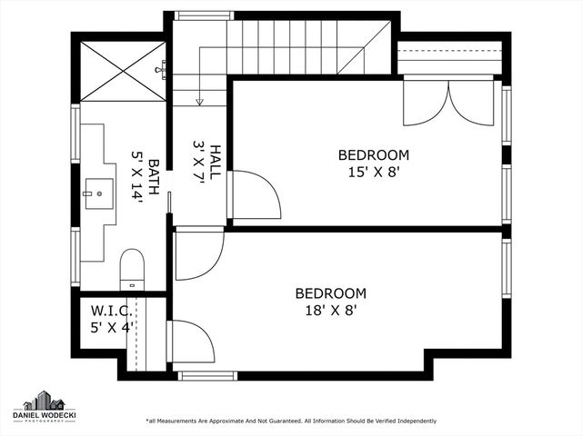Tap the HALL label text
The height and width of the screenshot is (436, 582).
216,162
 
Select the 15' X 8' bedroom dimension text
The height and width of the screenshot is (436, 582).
373,171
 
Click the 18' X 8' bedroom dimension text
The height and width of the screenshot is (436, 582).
330,310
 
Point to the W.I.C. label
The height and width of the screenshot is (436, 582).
112,310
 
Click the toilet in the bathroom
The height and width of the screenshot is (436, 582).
132,268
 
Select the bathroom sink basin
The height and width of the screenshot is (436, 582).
98,193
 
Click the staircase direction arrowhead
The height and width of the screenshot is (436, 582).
199,103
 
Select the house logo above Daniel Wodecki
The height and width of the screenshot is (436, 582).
43,401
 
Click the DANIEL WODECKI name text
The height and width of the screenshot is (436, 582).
43,416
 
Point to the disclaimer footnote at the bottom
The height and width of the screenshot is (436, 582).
291,421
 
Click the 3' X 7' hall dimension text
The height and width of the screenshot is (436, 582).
199,162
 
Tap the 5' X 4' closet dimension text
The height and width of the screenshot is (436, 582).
112,327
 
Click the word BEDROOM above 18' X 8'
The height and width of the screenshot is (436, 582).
330,293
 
